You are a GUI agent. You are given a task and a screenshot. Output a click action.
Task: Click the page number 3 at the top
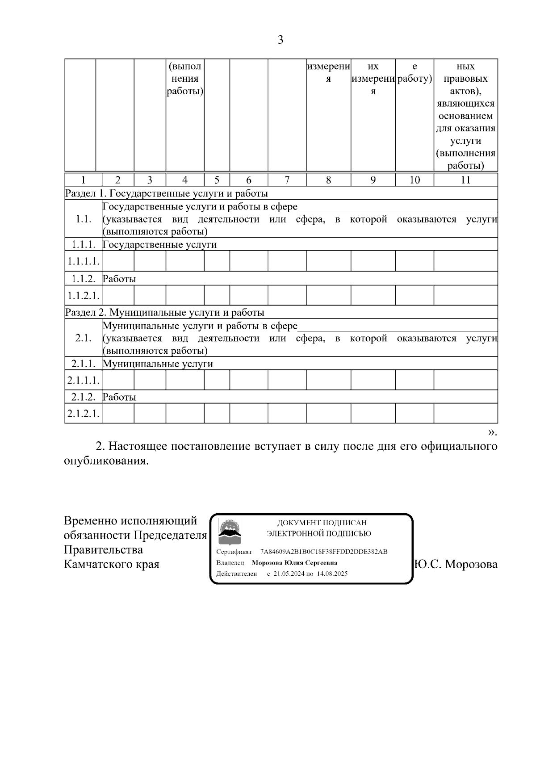(280, 40)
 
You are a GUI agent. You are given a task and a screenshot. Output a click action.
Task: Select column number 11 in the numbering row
(465, 180)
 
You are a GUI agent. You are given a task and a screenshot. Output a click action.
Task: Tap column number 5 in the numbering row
(217, 180)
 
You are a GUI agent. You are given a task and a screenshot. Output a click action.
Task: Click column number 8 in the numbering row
(328, 180)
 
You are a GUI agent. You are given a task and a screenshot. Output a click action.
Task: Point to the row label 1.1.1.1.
(84, 261)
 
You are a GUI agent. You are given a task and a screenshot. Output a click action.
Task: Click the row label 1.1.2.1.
(84, 295)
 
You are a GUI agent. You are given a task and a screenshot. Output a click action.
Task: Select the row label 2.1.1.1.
(84, 380)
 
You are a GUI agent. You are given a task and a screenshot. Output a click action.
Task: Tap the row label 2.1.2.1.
(84, 414)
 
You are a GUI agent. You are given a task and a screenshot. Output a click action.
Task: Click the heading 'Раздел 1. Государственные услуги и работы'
(167, 193)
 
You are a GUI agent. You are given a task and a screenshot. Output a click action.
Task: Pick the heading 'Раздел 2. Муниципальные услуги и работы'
(165, 312)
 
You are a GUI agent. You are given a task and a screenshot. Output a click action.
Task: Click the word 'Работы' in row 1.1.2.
(119, 279)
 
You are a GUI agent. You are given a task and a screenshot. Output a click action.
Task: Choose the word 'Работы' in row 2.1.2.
(119, 397)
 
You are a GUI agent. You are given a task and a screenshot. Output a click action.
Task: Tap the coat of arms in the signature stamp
(229, 529)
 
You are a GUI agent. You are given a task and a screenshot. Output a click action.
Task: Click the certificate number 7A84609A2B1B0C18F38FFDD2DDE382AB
(324, 552)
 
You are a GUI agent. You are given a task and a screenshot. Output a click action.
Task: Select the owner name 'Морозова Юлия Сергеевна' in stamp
(294, 563)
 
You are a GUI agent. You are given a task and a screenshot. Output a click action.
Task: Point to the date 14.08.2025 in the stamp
(332, 574)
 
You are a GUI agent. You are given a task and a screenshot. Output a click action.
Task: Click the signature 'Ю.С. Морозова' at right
(456, 564)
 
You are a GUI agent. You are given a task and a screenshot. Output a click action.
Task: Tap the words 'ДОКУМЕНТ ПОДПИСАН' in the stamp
(322, 523)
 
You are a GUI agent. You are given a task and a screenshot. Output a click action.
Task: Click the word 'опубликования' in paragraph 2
(105, 461)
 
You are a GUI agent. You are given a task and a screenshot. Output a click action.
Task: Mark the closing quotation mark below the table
(492, 432)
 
